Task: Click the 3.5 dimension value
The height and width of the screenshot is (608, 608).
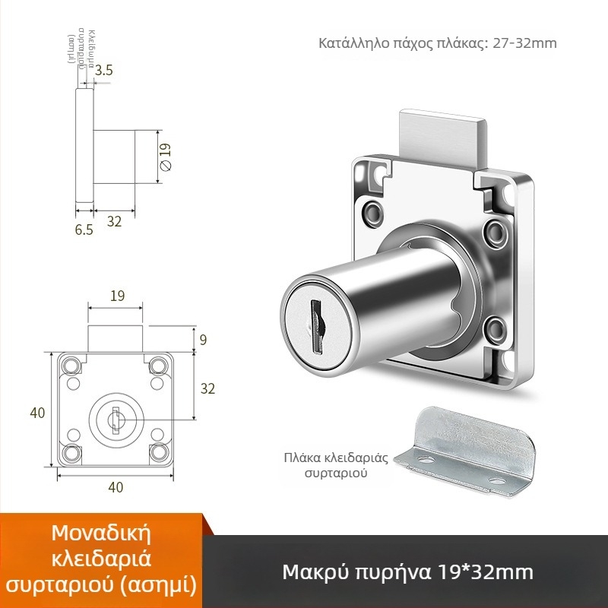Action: coord(105,71)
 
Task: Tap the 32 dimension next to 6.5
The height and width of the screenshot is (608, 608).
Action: coord(115,221)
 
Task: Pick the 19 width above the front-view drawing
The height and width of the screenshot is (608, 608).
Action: coord(117,296)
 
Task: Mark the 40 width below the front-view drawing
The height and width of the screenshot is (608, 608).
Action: coord(116,487)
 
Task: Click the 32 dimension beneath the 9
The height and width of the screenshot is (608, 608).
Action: coord(207,388)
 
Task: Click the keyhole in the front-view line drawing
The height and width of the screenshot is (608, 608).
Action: coord(114,417)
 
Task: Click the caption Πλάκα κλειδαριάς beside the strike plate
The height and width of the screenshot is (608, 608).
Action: coord(336,458)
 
